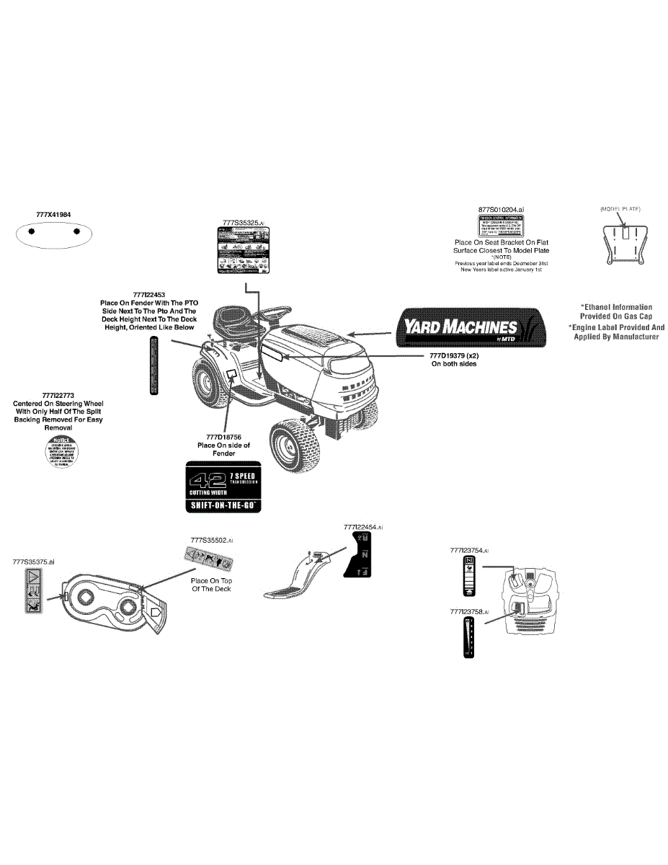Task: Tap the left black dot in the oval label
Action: coord(31,232)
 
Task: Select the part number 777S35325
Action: coord(244,223)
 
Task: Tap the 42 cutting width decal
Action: coord(224,489)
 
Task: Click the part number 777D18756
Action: coord(223,437)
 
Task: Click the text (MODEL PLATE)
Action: coord(620,209)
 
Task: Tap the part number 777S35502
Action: coord(211,539)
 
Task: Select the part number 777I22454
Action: coord(362,528)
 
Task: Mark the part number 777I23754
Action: coord(469,551)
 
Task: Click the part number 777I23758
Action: coord(469,611)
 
